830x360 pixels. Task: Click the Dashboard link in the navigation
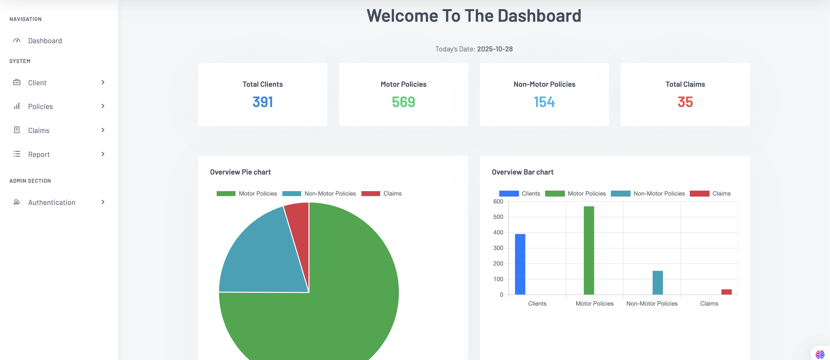[x=45, y=41]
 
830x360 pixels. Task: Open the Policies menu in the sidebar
[x=40, y=106]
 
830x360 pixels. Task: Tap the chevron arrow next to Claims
[x=103, y=130]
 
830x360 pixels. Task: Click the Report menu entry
[x=39, y=154]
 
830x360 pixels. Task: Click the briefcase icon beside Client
[x=17, y=83]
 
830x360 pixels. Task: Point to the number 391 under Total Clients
[x=262, y=102]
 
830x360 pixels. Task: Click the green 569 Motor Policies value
[x=403, y=102]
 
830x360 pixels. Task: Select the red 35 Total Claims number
[x=685, y=102]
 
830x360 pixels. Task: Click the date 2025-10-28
[x=495, y=49]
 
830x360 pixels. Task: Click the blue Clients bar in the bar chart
[x=520, y=264]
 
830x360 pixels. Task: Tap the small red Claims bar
[x=726, y=292]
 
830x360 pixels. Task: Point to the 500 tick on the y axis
[x=498, y=217]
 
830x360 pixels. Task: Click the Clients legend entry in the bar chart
[x=519, y=193]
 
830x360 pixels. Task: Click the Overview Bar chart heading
[x=522, y=172]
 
